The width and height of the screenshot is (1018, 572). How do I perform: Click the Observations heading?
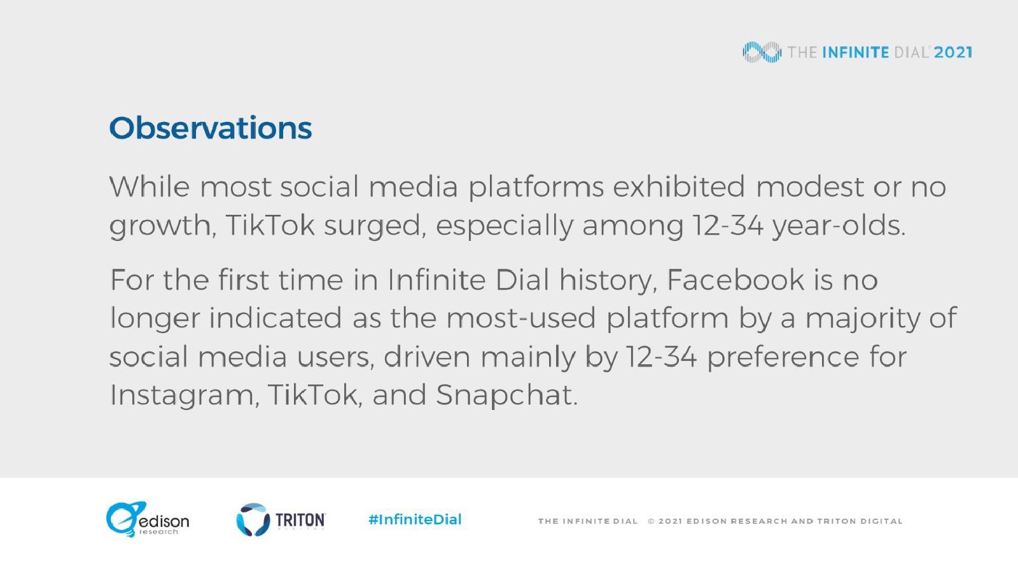tap(211, 128)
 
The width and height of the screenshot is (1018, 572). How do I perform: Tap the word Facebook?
tap(736, 280)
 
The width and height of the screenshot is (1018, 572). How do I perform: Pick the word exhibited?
tap(679, 187)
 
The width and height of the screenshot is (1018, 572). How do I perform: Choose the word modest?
tap(810, 187)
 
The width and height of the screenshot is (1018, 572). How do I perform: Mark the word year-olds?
tap(839, 226)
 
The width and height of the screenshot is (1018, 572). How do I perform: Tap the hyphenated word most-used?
tap(521, 318)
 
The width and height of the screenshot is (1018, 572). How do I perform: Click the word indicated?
tap(275, 318)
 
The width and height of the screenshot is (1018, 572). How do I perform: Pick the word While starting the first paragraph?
tap(150, 187)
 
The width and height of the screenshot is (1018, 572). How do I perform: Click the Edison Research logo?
tap(148, 519)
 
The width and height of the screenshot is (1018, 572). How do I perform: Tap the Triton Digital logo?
tap(281, 520)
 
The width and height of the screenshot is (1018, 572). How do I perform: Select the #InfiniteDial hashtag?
tap(415, 519)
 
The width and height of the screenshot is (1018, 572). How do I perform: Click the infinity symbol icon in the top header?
tap(762, 52)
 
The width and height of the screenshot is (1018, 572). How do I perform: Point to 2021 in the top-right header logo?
tap(953, 52)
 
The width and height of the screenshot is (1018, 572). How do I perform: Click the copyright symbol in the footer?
tap(652, 521)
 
